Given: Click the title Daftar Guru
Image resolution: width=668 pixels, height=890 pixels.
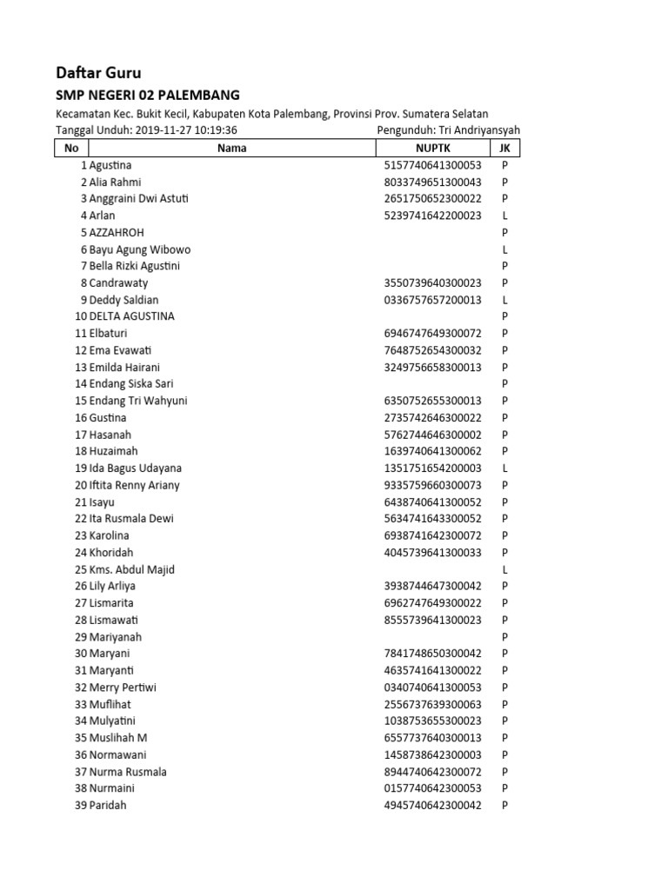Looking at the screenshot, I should click(98, 72).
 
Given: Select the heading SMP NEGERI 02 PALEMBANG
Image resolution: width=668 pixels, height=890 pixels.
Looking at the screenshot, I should click(147, 95).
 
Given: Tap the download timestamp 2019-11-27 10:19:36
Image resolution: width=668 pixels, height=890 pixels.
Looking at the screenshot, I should click(186, 130).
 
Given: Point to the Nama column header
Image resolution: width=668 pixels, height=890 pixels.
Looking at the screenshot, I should click(231, 148).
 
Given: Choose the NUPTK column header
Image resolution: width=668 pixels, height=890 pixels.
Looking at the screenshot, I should click(432, 148).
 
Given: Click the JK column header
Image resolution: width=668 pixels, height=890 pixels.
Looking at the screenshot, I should click(504, 148).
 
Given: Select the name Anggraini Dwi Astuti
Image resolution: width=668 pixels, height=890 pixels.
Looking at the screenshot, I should click(138, 198).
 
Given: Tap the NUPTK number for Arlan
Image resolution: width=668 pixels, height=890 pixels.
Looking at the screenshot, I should click(432, 216).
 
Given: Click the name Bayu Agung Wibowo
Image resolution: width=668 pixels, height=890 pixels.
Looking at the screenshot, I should click(139, 249).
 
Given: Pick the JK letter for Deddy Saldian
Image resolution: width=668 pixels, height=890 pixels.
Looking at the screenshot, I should click(504, 300).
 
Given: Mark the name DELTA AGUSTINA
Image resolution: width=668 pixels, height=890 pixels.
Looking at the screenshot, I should click(131, 316).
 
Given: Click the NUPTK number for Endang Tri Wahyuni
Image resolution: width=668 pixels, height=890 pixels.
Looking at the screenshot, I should click(432, 401).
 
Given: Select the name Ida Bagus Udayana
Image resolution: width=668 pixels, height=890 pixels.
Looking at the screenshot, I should click(135, 468).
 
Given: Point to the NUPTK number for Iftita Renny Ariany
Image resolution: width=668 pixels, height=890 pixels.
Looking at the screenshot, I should click(432, 485).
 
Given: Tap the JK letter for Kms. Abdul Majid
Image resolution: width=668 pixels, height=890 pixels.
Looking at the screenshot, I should click(504, 569).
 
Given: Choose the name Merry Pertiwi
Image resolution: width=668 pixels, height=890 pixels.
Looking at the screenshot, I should click(123, 687).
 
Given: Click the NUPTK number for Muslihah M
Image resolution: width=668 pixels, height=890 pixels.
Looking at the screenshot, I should click(432, 738).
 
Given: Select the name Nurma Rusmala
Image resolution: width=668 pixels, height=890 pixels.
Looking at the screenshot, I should click(128, 772).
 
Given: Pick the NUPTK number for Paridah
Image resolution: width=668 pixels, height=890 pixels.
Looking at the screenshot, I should click(432, 806).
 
